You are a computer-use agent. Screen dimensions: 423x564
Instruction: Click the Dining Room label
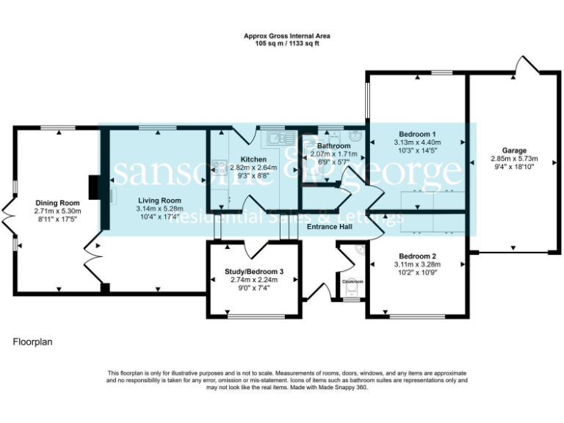click(58, 203)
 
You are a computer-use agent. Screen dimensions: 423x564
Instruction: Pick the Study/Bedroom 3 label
click(253, 272)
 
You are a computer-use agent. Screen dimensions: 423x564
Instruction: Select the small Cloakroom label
click(352, 281)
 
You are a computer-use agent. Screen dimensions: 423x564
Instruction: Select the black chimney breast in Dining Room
click(93, 187)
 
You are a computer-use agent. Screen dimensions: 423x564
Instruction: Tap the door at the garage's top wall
click(526, 65)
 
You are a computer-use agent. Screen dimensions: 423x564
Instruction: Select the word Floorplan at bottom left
click(32, 342)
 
